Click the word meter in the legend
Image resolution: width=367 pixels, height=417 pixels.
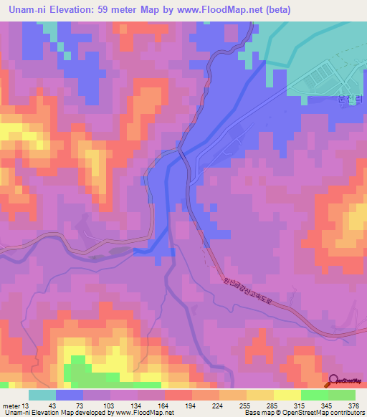click(x=12, y=405)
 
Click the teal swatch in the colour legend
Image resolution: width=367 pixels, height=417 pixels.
click(x=42, y=395)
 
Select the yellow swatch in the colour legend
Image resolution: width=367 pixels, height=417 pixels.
click(x=287, y=395)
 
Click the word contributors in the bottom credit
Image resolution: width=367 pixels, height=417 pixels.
click(x=346, y=413)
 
